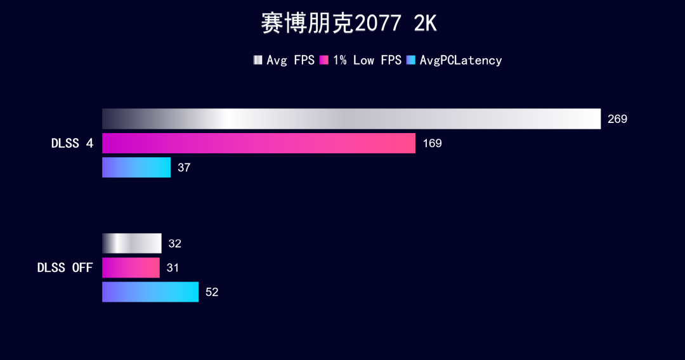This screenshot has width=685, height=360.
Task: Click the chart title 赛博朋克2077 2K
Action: click(x=349, y=24)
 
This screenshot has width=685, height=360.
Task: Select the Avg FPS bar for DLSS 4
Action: click(x=351, y=119)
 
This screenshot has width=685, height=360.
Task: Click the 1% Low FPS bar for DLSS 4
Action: click(x=259, y=143)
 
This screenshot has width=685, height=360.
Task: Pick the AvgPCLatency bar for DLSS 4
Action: click(x=136, y=167)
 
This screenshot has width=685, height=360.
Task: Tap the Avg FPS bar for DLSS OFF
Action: click(x=132, y=243)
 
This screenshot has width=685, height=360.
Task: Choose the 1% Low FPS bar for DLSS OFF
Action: click(x=131, y=267)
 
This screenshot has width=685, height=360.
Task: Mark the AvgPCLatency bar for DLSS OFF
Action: click(x=150, y=292)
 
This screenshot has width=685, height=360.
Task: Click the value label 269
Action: click(x=617, y=119)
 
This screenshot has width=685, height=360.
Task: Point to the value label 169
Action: click(x=432, y=143)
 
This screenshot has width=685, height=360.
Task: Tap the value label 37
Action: click(x=184, y=168)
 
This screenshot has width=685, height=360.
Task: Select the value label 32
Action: click(x=174, y=244)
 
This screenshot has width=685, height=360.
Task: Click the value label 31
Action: click(x=173, y=268)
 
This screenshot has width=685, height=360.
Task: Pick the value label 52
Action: click(x=212, y=292)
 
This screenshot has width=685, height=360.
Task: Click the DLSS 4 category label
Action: click(x=72, y=143)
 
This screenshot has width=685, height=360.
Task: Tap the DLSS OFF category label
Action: click(x=65, y=267)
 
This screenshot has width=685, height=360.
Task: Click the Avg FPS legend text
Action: click(x=290, y=60)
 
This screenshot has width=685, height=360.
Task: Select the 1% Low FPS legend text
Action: click(x=367, y=60)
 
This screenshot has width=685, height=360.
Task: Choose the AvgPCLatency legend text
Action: click(x=461, y=60)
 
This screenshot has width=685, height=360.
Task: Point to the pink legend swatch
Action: click(x=324, y=60)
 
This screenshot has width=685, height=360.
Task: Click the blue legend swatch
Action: click(x=411, y=60)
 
